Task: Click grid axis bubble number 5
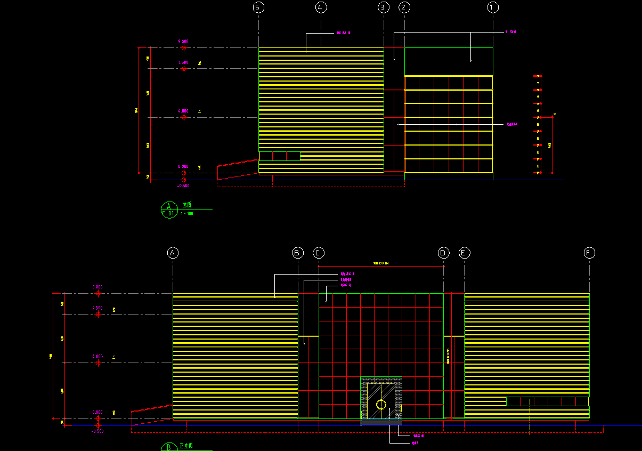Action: (258, 7)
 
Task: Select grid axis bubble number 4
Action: (321, 7)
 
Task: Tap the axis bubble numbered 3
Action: (384, 7)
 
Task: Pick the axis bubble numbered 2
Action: (404, 7)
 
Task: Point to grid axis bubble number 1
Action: (493, 7)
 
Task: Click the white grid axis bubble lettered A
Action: (173, 253)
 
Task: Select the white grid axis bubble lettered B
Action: (298, 253)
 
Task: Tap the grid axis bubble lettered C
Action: (319, 253)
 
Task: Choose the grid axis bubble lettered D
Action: (444, 253)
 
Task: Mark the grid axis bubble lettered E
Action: (465, 253)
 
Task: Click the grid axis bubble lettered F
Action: (589, 253)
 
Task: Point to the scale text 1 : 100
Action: (187, 214)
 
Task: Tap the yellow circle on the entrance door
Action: (381, 404)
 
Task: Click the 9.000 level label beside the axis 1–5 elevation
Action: (183, 41)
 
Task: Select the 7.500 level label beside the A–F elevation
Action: (97, 308)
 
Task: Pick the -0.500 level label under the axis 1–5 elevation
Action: (183, 186)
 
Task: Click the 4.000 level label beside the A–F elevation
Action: (97, 356)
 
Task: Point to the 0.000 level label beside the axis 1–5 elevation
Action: (183, 167)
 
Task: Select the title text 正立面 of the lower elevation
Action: (186, 446)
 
